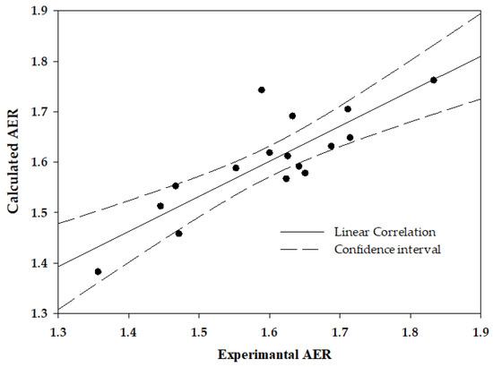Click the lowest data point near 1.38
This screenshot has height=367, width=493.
click(x=98, y=271)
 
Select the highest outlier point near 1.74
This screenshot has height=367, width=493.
click(x=261, y=90)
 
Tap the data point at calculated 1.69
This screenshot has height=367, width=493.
click(x=292, y=115)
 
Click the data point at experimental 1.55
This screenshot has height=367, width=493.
click(x=236, y=167)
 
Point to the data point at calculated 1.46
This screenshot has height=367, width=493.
click(x=179, y=234)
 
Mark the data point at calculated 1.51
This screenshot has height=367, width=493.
click(x=160, y=206)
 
